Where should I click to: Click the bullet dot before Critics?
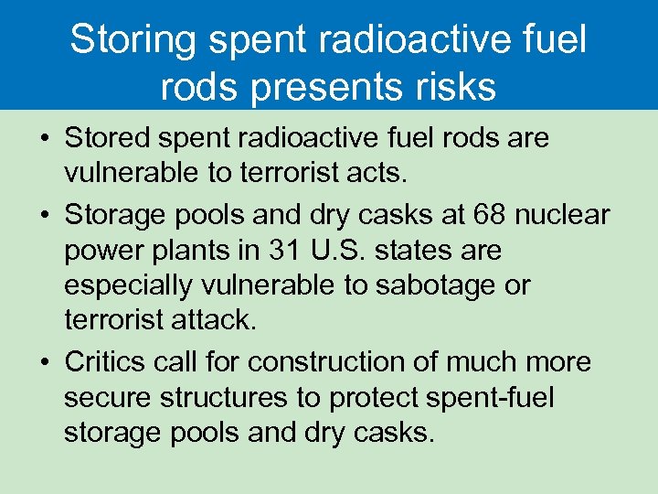(x=44, y=363)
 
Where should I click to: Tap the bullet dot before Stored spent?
(x=44, y=139)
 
